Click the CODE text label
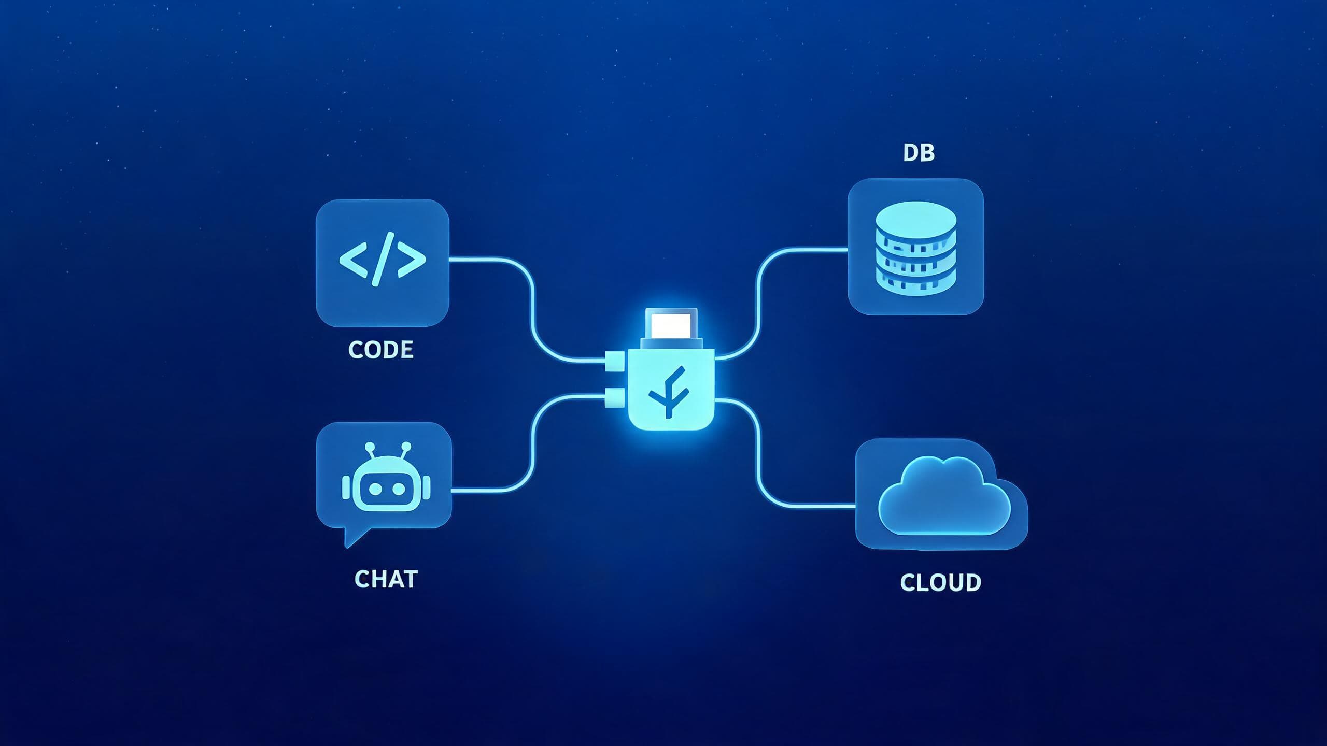point(380,350)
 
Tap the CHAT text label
point(386,579)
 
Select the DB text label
point(919,153)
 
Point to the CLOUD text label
point(940,583)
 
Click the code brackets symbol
point(383,259)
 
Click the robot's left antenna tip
point(370,446)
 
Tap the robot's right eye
point(399,489)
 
